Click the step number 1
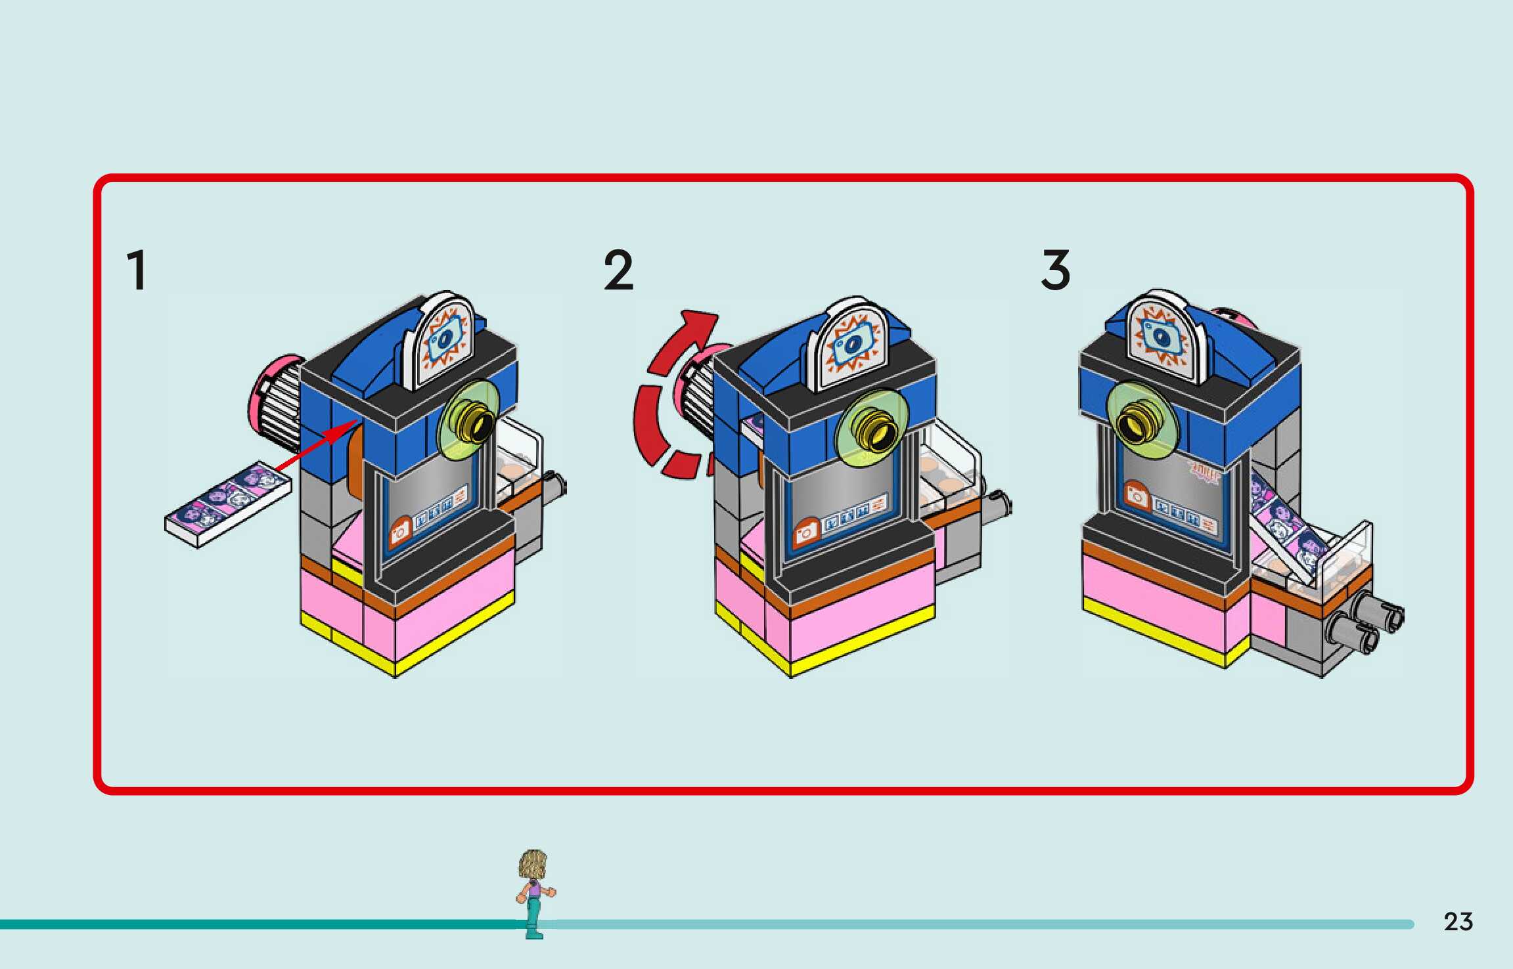[137, 270]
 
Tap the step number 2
[618, 270]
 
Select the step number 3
[1056, 270]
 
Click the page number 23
[1458, 922]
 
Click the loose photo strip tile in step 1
[227, 504]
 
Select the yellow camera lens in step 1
[477, 424]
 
